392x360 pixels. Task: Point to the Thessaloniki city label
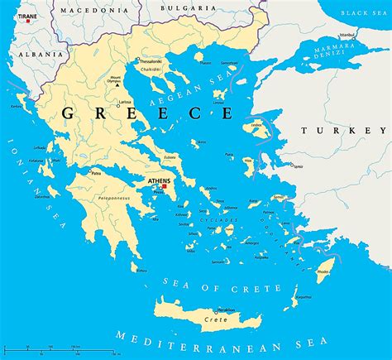151,62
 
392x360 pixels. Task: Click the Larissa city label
125,101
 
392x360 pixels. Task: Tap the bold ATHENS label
158,180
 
